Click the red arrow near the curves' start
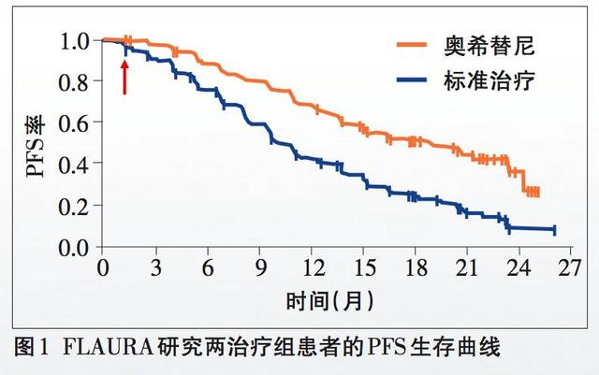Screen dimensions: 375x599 coord(124,76)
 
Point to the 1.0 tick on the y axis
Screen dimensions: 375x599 coord(75,41)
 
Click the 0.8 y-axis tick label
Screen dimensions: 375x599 coord(75,82)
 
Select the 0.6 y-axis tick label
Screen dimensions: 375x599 coord(75,123)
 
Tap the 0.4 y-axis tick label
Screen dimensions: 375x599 coord(75,165)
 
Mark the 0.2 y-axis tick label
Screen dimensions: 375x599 coord(75,206)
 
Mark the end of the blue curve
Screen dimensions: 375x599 coord(555,229)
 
